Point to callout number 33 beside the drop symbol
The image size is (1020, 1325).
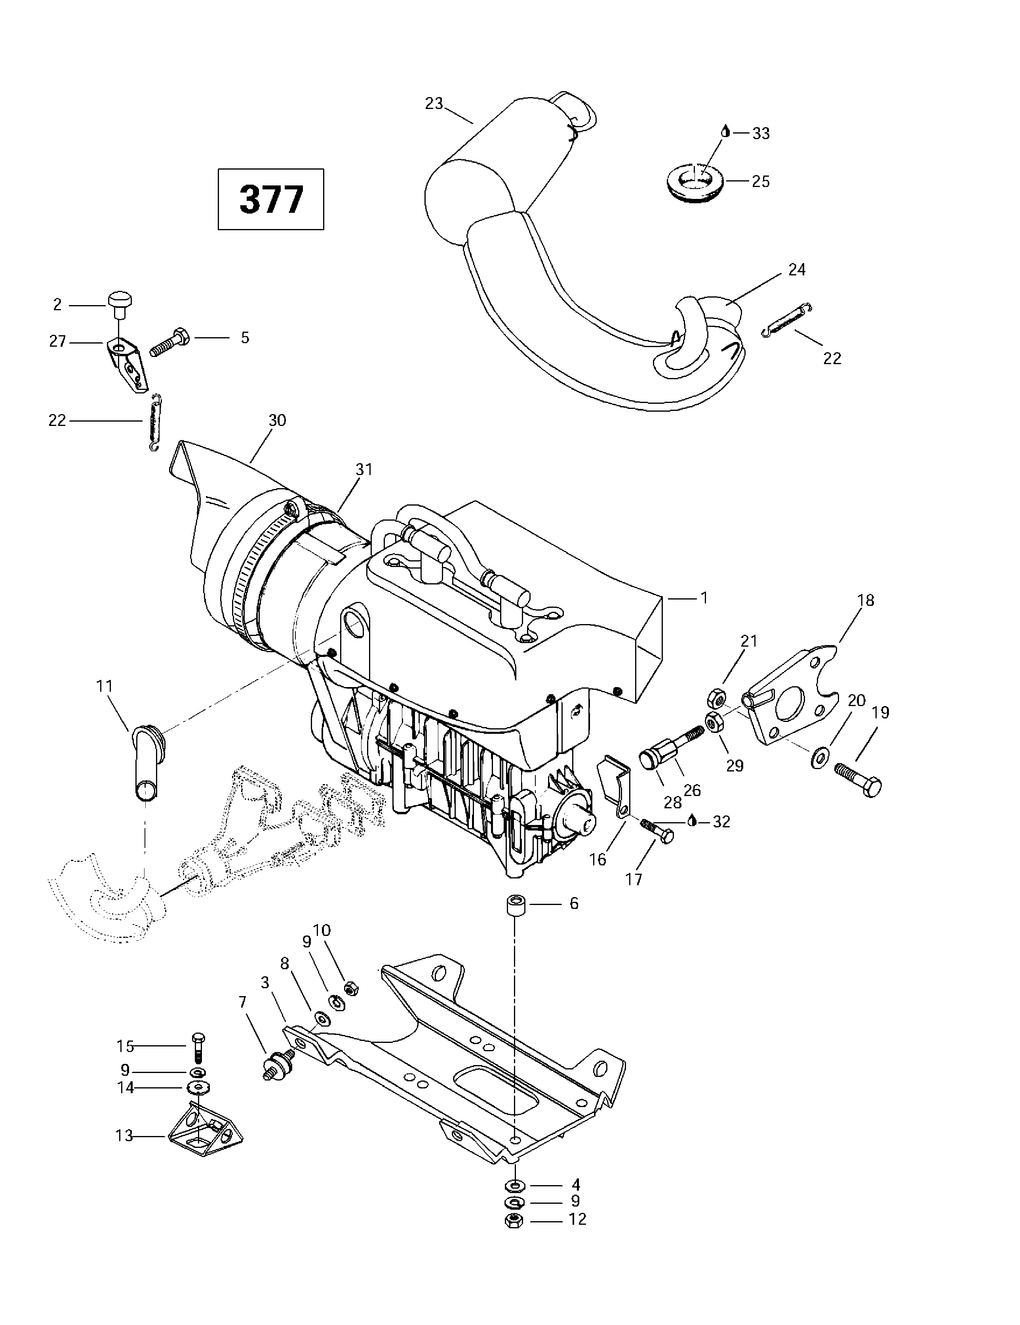click(x=761, y=134)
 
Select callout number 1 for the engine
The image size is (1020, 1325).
click(x=704, y=598)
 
